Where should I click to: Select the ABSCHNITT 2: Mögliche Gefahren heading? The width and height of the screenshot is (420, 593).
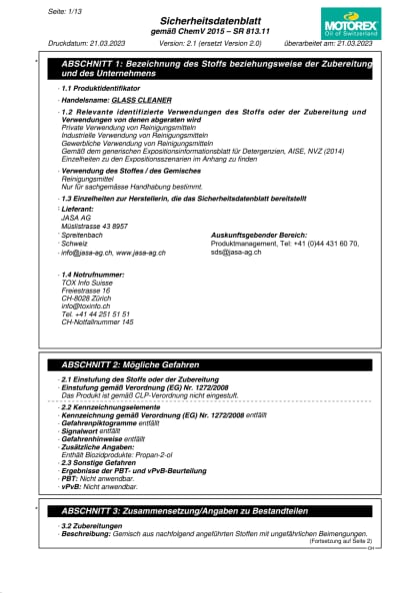(140, 365)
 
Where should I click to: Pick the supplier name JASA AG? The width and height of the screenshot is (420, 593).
(76, 217)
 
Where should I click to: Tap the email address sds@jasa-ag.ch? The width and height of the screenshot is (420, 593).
(236, 253)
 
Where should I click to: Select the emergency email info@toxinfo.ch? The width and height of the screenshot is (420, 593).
(88, 305)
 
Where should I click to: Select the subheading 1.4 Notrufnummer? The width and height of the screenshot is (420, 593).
(95, 274)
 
